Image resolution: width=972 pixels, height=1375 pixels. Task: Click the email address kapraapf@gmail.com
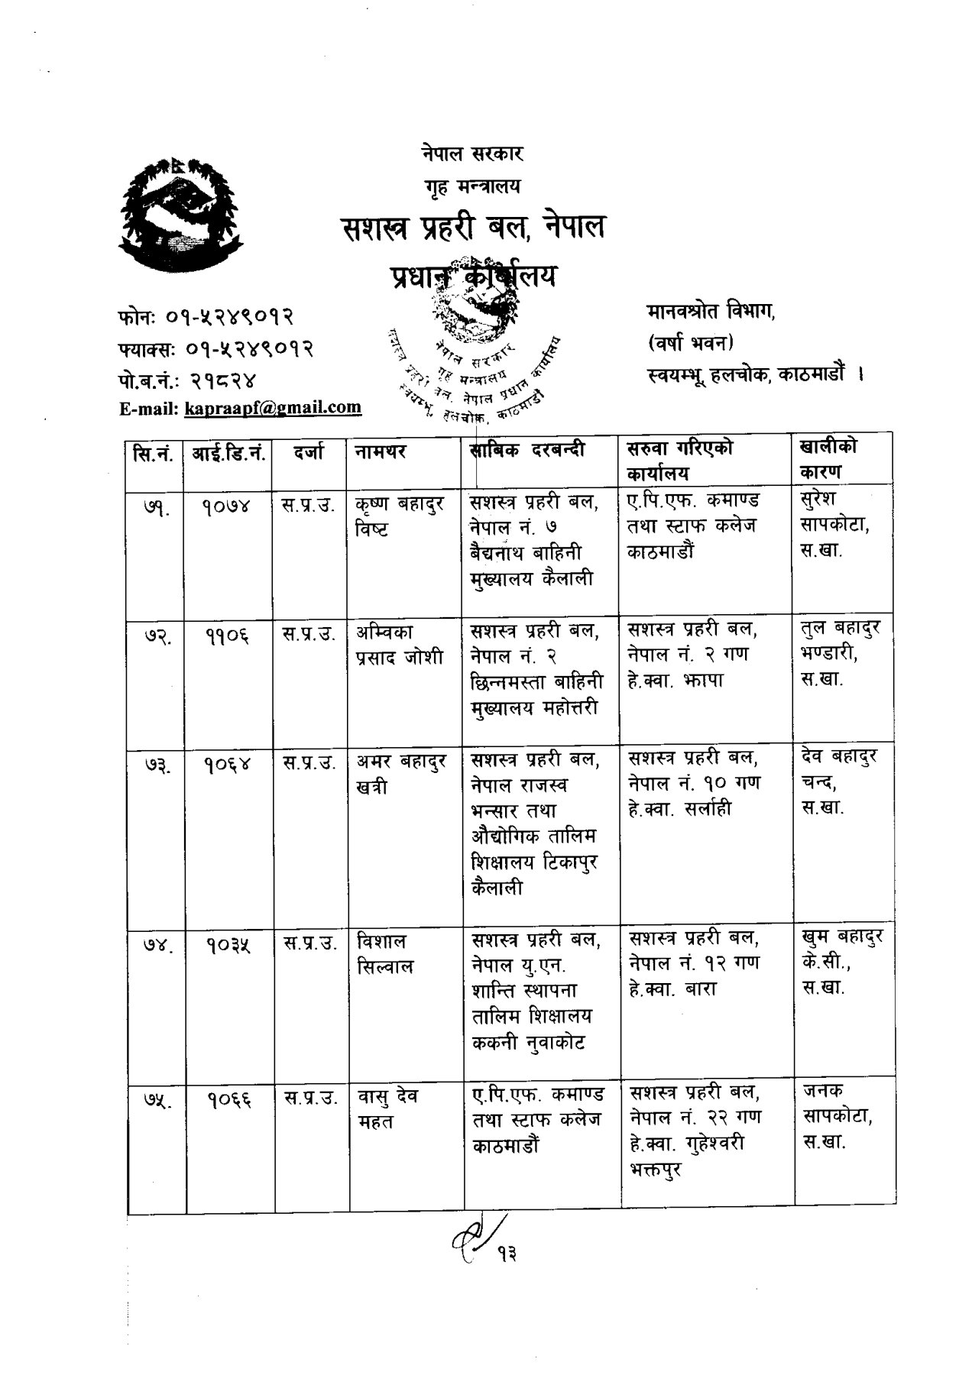click(273, 407)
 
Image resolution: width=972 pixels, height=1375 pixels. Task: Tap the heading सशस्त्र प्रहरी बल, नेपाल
click(473, 228)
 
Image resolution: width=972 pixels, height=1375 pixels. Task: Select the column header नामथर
click(380, 452)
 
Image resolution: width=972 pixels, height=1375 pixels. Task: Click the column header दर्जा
click(309, 452)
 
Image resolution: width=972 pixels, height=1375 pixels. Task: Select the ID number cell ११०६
click(228, 633)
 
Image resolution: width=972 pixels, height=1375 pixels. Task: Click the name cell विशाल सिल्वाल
click(385, 953)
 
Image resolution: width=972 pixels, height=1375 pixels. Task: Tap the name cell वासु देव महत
click(388, 1108)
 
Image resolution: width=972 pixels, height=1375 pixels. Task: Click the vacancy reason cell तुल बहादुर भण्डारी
click(841, 653)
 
